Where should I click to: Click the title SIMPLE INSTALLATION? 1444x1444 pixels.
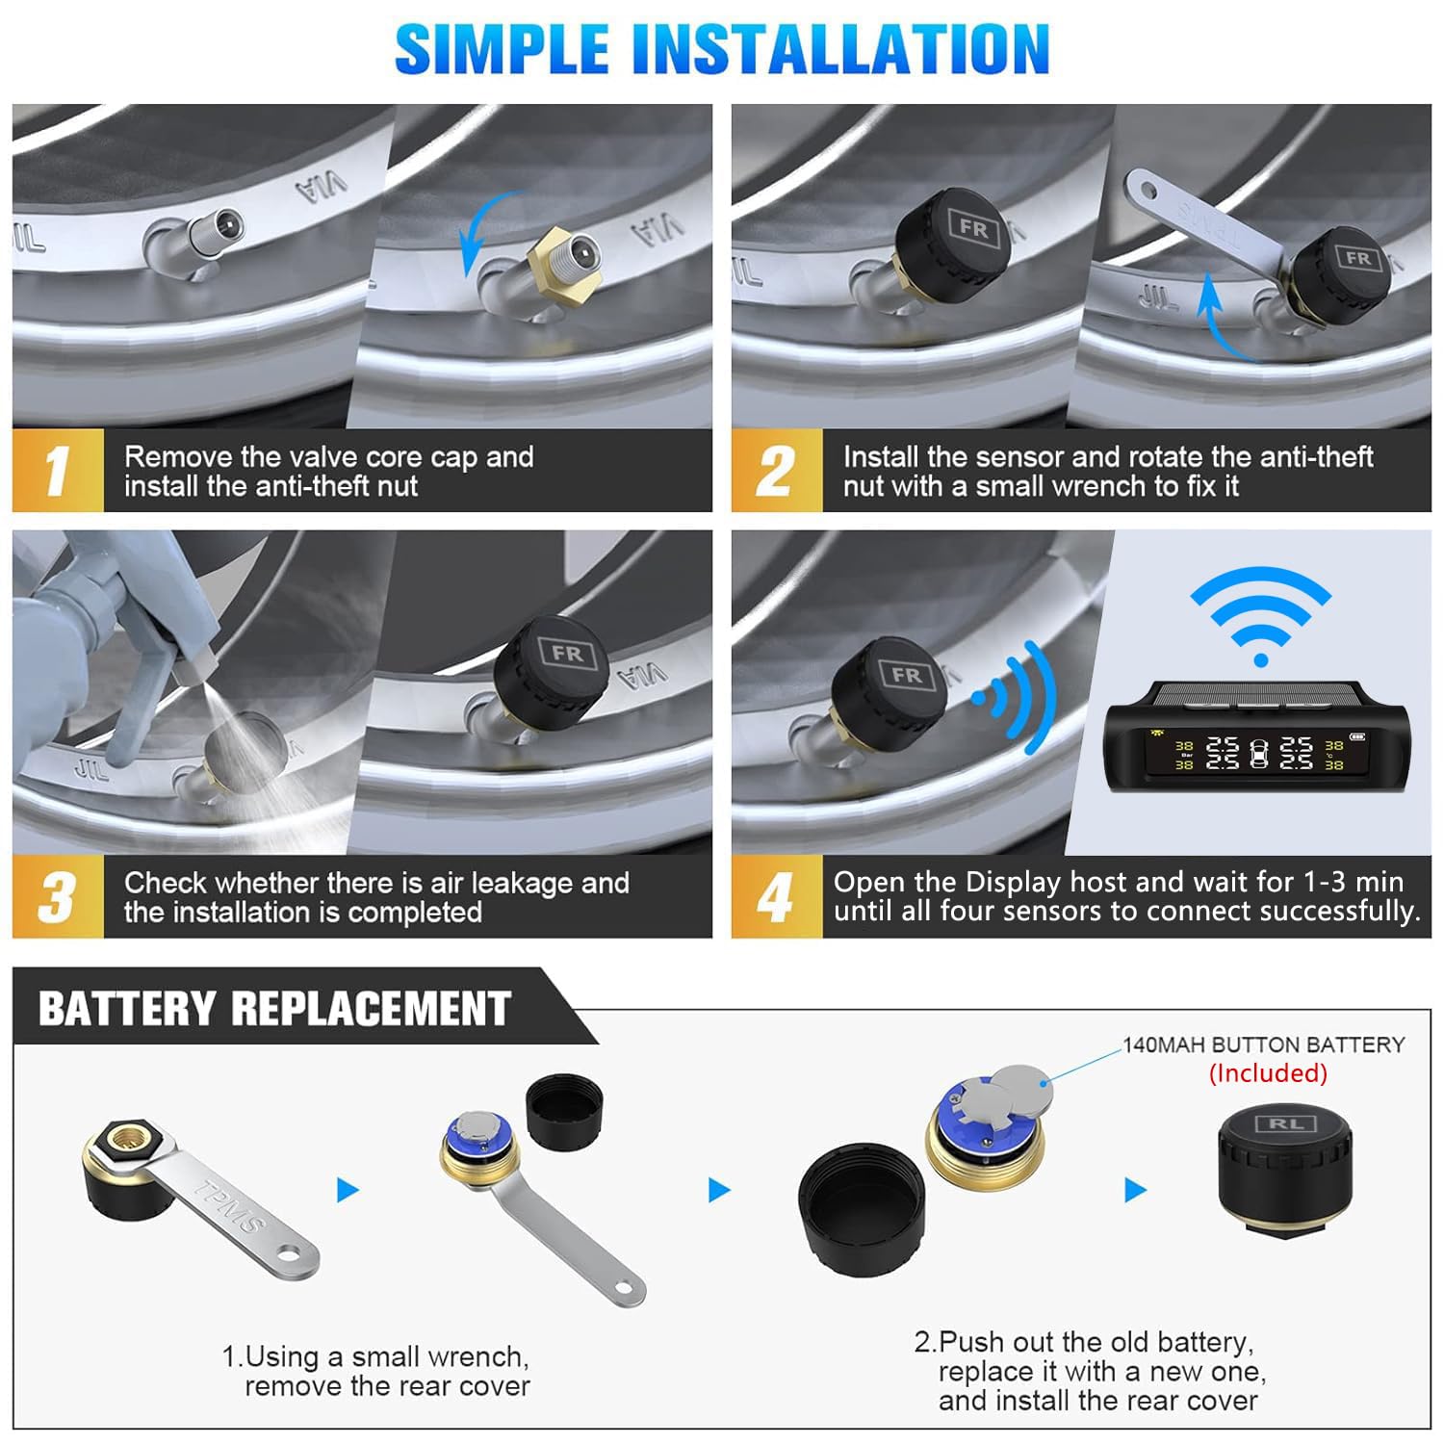click(721, 49)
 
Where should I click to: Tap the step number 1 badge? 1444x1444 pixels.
click(57, 471)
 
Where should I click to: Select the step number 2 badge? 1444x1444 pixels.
click(776, 471)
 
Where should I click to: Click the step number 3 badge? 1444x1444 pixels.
click(57, 897)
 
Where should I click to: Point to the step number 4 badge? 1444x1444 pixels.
click(776, 897)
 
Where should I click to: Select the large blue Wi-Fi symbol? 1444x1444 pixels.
click(1260, 616)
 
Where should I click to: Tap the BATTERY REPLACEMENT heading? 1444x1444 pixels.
click(274, 1009)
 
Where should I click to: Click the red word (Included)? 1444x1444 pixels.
click(1268, 1072)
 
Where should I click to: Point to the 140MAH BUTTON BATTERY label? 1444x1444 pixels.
click(1263, 1044)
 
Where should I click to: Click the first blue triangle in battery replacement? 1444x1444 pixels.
click(348, 1191)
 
